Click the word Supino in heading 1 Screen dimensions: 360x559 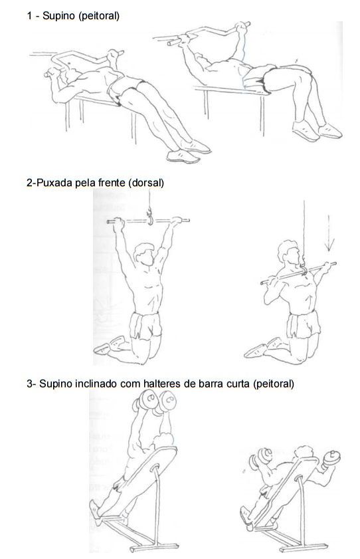(58, 16)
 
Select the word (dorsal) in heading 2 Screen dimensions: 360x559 (146, 183)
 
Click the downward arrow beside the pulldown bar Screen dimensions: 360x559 (329, 233)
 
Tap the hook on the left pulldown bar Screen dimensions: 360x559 (149, 217)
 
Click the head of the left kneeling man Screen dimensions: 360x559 (143, 254)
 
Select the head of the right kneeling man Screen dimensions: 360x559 (289, 252)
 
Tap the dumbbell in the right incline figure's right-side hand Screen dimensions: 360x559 (331, 459)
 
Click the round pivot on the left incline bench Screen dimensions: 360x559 (155, 468)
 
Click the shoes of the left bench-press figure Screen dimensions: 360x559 (189, 152)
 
